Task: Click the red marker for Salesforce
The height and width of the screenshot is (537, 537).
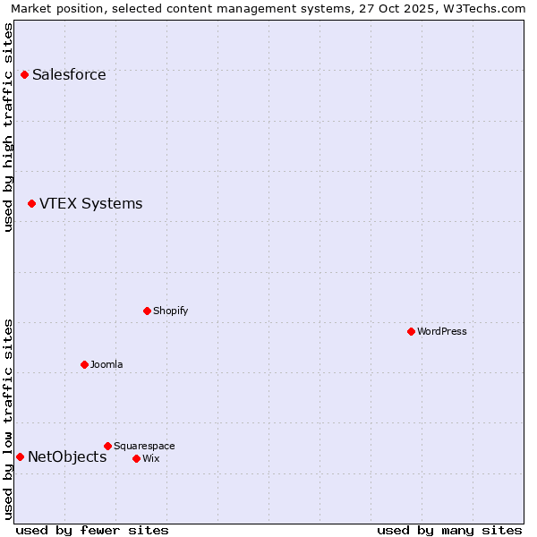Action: point(24,74)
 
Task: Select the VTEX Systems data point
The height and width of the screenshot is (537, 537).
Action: point(31,203)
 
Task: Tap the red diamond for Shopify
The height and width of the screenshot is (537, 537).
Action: point(147,311)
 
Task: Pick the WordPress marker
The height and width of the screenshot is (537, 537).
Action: point(411,331)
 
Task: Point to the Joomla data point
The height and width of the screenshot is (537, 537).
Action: point(84,364)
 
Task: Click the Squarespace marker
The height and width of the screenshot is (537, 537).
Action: point(107,446)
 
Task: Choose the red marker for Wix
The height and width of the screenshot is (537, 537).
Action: point(136,458)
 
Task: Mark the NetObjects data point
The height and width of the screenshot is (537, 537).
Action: point(20,456)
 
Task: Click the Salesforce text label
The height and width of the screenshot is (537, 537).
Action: point(69,74)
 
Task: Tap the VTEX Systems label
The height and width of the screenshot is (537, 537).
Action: point(90,203)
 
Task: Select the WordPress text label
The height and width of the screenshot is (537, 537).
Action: point(442,331)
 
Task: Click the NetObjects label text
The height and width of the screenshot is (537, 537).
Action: point(67,456)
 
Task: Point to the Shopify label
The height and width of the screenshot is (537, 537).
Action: point(170,311)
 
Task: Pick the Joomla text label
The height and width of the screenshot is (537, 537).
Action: point(107,364)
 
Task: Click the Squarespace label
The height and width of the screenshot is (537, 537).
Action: point(144,446)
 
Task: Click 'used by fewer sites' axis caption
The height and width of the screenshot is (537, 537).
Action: point(92,530)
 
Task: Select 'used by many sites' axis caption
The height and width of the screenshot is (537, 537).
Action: point(449,530)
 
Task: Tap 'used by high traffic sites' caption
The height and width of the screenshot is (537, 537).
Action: point(9,127)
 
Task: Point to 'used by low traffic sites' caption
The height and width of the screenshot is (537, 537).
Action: point(9,419)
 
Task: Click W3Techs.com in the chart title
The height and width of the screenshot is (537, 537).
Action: point(485,9)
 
